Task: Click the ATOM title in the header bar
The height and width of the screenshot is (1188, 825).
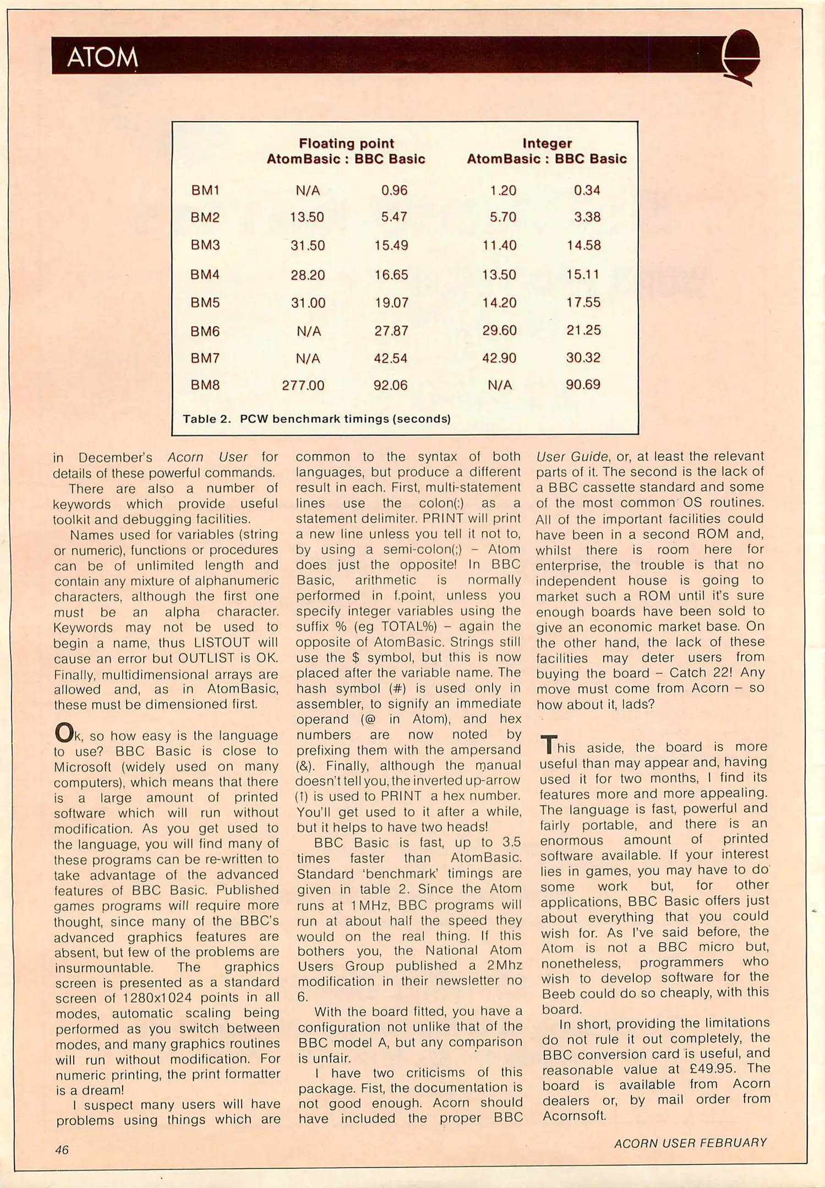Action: [102, 57]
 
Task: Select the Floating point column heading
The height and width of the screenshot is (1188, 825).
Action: [346, 144]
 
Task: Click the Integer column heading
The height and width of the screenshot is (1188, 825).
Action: [547, 144]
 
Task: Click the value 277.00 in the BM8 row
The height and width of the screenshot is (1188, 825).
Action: [303, 385]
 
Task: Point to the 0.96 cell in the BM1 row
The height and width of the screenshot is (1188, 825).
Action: [394, 190]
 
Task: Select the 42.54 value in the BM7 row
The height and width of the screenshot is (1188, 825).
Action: [390, 359]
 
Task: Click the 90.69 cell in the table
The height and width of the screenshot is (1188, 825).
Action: [583, 384]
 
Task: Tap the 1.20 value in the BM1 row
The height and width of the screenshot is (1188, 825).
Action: [503, 190]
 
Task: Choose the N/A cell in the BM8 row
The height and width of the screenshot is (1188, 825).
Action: [500, 385]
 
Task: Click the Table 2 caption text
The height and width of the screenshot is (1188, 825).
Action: [316, 419]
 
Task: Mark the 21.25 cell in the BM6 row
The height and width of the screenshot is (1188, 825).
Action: [583, 330]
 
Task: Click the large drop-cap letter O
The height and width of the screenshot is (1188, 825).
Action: [64, 733]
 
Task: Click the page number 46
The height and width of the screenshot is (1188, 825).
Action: [62, 1149]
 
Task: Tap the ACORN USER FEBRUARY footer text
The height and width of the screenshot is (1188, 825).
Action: [690, 1143]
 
